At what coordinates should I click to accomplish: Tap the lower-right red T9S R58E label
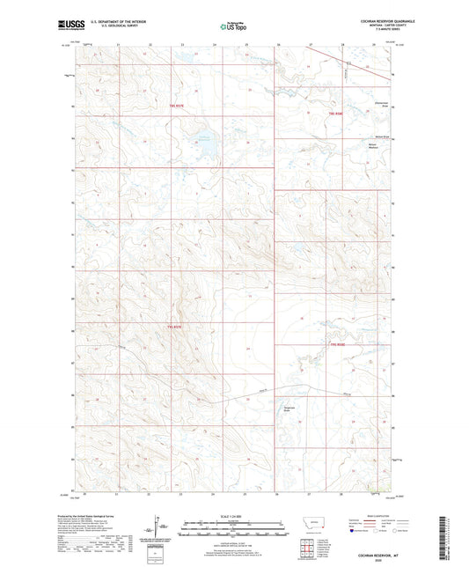click(x=337, y=345)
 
